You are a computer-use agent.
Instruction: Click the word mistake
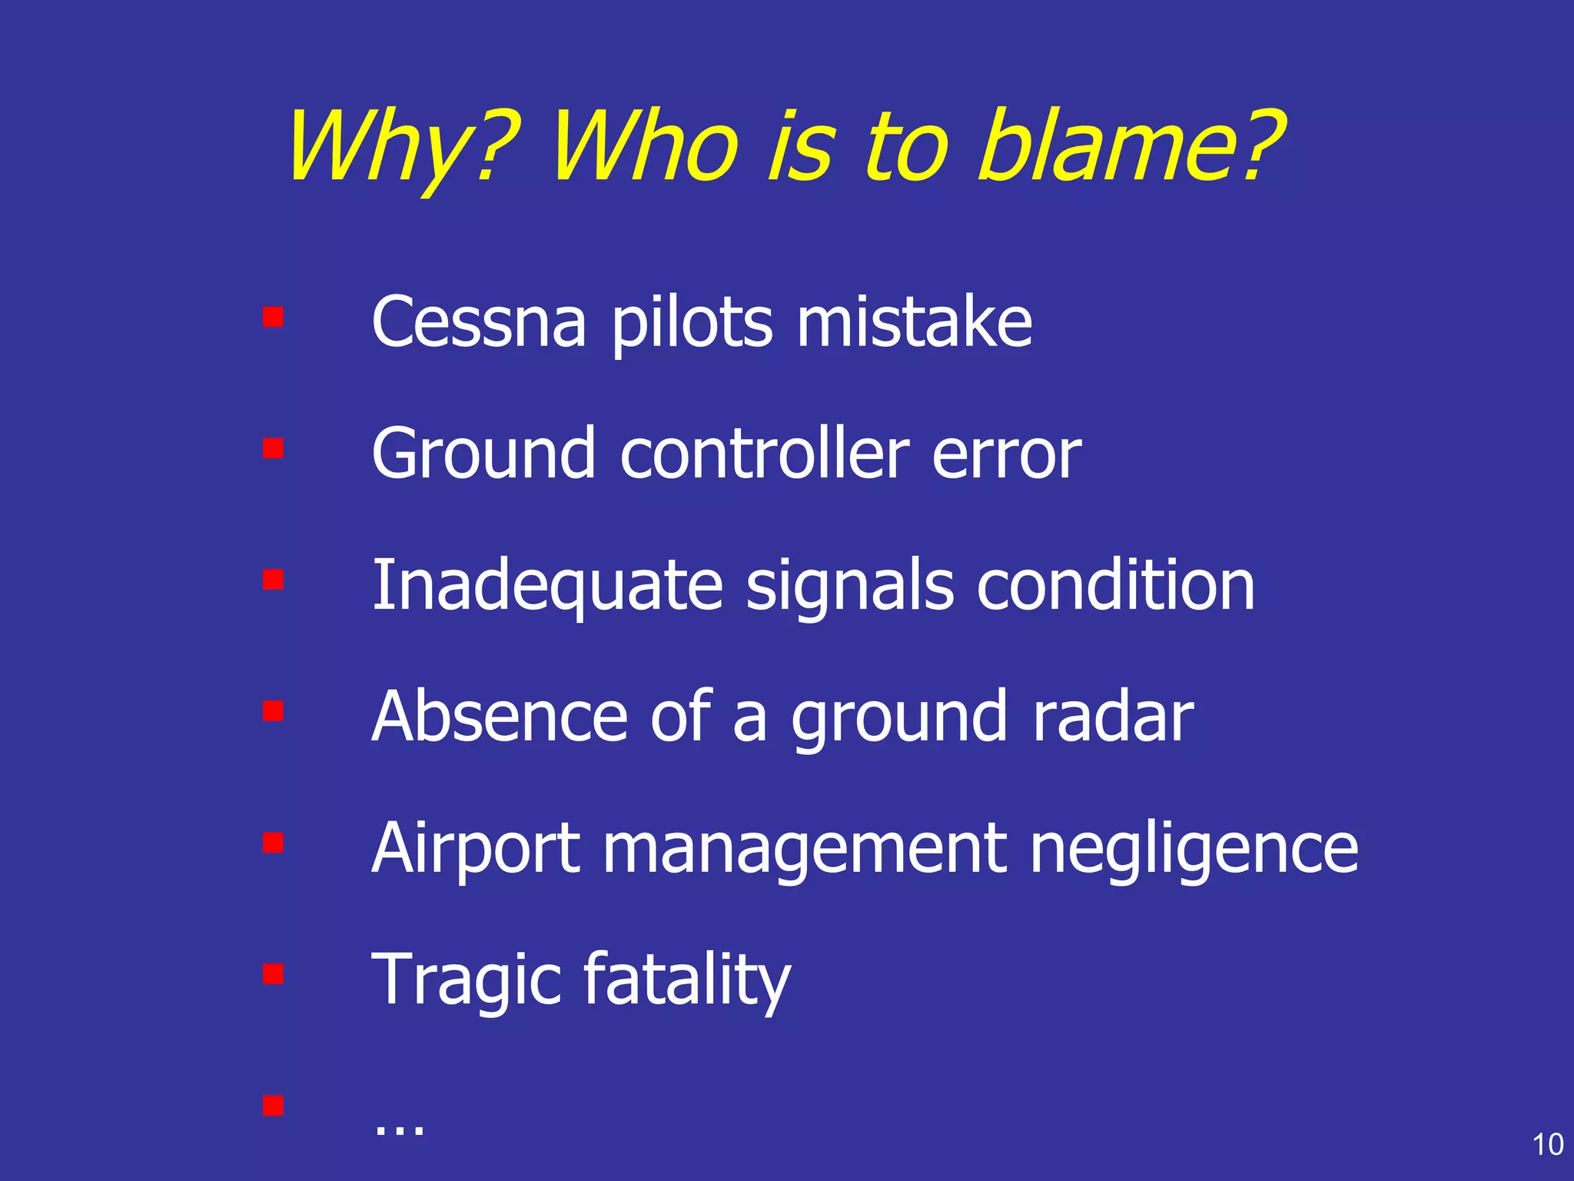point(914,322)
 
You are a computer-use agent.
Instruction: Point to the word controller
point(765,454)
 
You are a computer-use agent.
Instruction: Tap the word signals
point(849,587)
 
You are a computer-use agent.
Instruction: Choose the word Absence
point(500,717)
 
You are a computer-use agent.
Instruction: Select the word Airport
point(476,849)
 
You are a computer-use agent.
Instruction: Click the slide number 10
point(1548,1145)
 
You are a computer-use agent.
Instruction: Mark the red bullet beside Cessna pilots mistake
point(273,317)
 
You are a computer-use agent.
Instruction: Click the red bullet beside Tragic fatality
point(273,974)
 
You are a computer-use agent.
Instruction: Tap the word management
point(804,849)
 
